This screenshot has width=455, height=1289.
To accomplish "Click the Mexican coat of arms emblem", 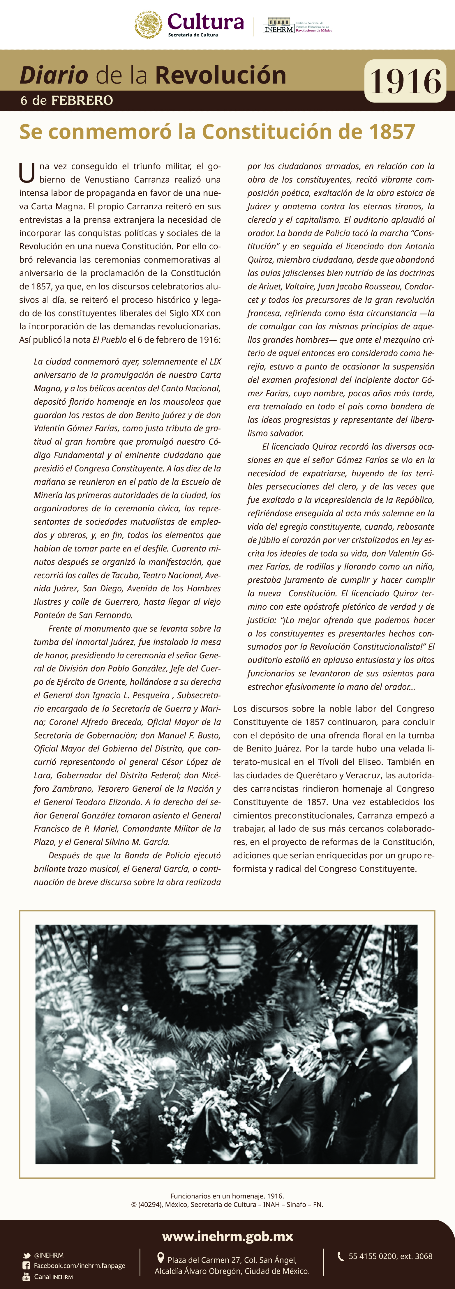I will tap(148, 24).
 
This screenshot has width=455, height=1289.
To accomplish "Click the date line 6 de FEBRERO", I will tap(67, 100).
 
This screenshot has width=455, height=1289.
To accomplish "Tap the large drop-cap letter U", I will tap(27, 173).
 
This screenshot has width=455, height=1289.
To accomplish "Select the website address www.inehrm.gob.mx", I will tap(227, 1237).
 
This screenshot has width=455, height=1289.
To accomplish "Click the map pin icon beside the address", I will tap(161, 1258).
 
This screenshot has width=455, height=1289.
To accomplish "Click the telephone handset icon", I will tap(340, 1256).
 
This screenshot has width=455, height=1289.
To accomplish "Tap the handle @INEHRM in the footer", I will tap(49, 1255).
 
